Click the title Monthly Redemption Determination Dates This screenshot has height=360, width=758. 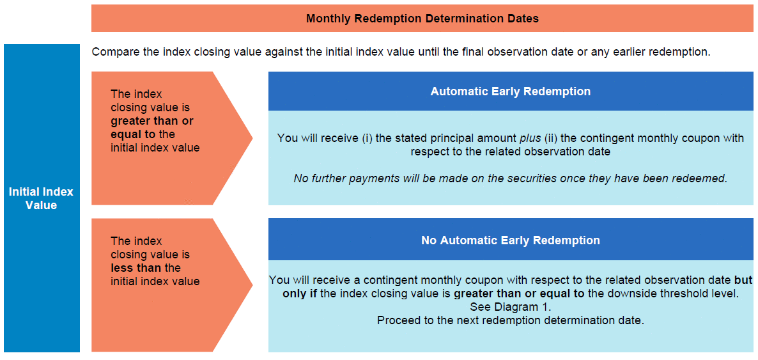[x=422, y=19]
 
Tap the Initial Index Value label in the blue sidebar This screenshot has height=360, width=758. [x=42, y=198]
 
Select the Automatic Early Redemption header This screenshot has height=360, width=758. [x=511, y=91]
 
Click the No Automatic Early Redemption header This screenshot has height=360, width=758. [x=511, y=240]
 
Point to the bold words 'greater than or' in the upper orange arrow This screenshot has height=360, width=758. [x=152, y=121]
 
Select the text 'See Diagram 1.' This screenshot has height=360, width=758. [x=511, y=307]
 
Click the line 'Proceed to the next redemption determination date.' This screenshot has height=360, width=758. [x=511, y=320]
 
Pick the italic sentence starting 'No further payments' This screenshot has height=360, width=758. [x=511, y=178]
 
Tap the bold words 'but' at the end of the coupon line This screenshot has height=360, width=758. [x=743, y=279]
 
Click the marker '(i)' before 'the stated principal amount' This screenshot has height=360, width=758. [x=367, y=138]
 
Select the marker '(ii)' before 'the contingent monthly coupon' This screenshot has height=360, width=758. [x=551, y=138]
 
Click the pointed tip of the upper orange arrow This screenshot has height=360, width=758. [x=252, y=138]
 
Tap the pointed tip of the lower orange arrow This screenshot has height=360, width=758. [x=252, y=285]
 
